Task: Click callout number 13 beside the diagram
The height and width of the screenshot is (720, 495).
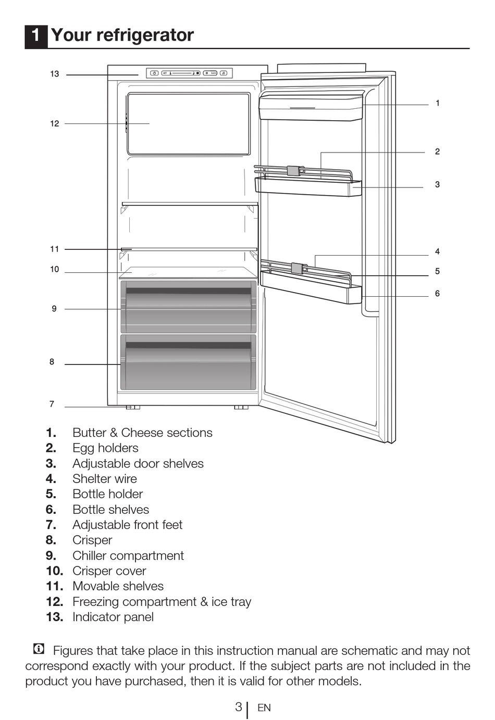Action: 55,74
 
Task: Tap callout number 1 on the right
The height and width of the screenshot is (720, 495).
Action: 438,103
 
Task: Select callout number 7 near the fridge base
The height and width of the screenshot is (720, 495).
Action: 52,404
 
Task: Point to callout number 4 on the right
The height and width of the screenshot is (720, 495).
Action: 438,251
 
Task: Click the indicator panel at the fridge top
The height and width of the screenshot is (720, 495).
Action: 189,73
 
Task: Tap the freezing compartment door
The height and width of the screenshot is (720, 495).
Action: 189,123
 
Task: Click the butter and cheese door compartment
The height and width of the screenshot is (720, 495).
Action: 311,107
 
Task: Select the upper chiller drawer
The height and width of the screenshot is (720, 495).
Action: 189,307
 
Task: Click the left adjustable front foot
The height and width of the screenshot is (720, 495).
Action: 133,407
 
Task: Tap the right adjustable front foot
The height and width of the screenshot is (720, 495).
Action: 241,407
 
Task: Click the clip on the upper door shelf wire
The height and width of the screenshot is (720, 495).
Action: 293,170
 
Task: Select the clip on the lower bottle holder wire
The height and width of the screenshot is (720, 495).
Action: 297,269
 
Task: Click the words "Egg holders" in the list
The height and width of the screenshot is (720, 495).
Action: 105,448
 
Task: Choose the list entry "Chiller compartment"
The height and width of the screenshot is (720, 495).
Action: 128,555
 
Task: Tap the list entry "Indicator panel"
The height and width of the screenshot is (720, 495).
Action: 113,617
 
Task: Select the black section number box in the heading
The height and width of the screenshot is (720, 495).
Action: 36,35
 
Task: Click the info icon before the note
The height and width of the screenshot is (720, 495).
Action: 39,649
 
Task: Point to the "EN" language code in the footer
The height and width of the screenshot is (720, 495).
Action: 264,708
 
